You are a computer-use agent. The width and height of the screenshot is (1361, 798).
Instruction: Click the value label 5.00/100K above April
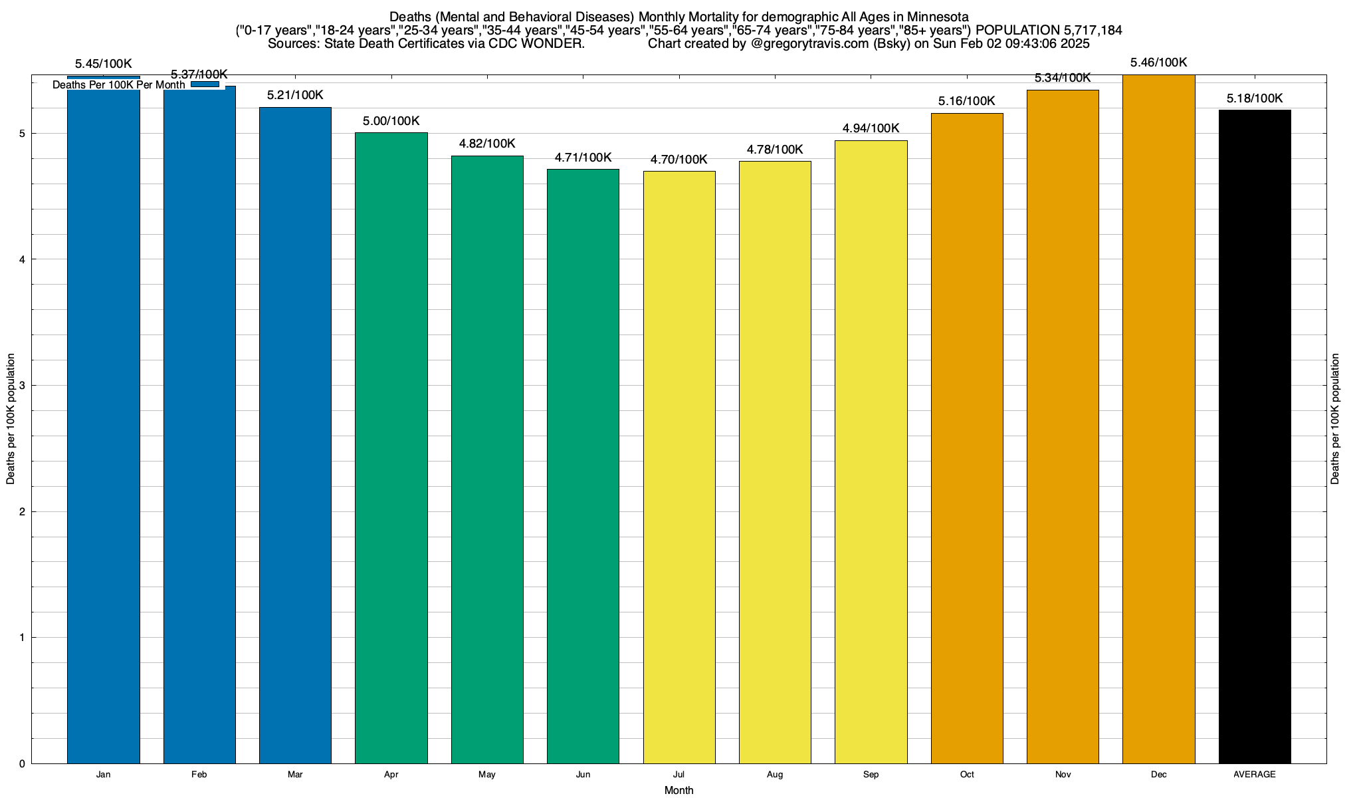click(391, 121)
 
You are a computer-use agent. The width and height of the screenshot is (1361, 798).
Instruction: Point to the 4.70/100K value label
click(679, 160)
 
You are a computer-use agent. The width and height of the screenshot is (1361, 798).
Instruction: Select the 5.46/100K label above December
click(1159, 63)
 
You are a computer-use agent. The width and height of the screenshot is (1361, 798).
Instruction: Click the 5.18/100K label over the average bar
click(1255, 99)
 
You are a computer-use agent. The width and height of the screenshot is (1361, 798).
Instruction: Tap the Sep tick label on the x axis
click(871, 775)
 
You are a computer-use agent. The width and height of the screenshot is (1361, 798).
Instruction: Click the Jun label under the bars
click(583, 775)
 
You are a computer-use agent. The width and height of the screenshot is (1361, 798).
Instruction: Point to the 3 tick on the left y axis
click(22, 386)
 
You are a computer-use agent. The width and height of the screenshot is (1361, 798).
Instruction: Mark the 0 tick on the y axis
click(22, 764)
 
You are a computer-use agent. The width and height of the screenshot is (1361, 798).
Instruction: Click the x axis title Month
click(679, 791)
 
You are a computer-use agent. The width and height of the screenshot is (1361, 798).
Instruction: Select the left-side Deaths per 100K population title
click(11, 419)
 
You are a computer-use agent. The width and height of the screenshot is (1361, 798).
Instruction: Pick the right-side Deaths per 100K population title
click(1336, 419)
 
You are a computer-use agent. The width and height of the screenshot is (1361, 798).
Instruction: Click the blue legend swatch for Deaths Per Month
click(205, 84)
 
